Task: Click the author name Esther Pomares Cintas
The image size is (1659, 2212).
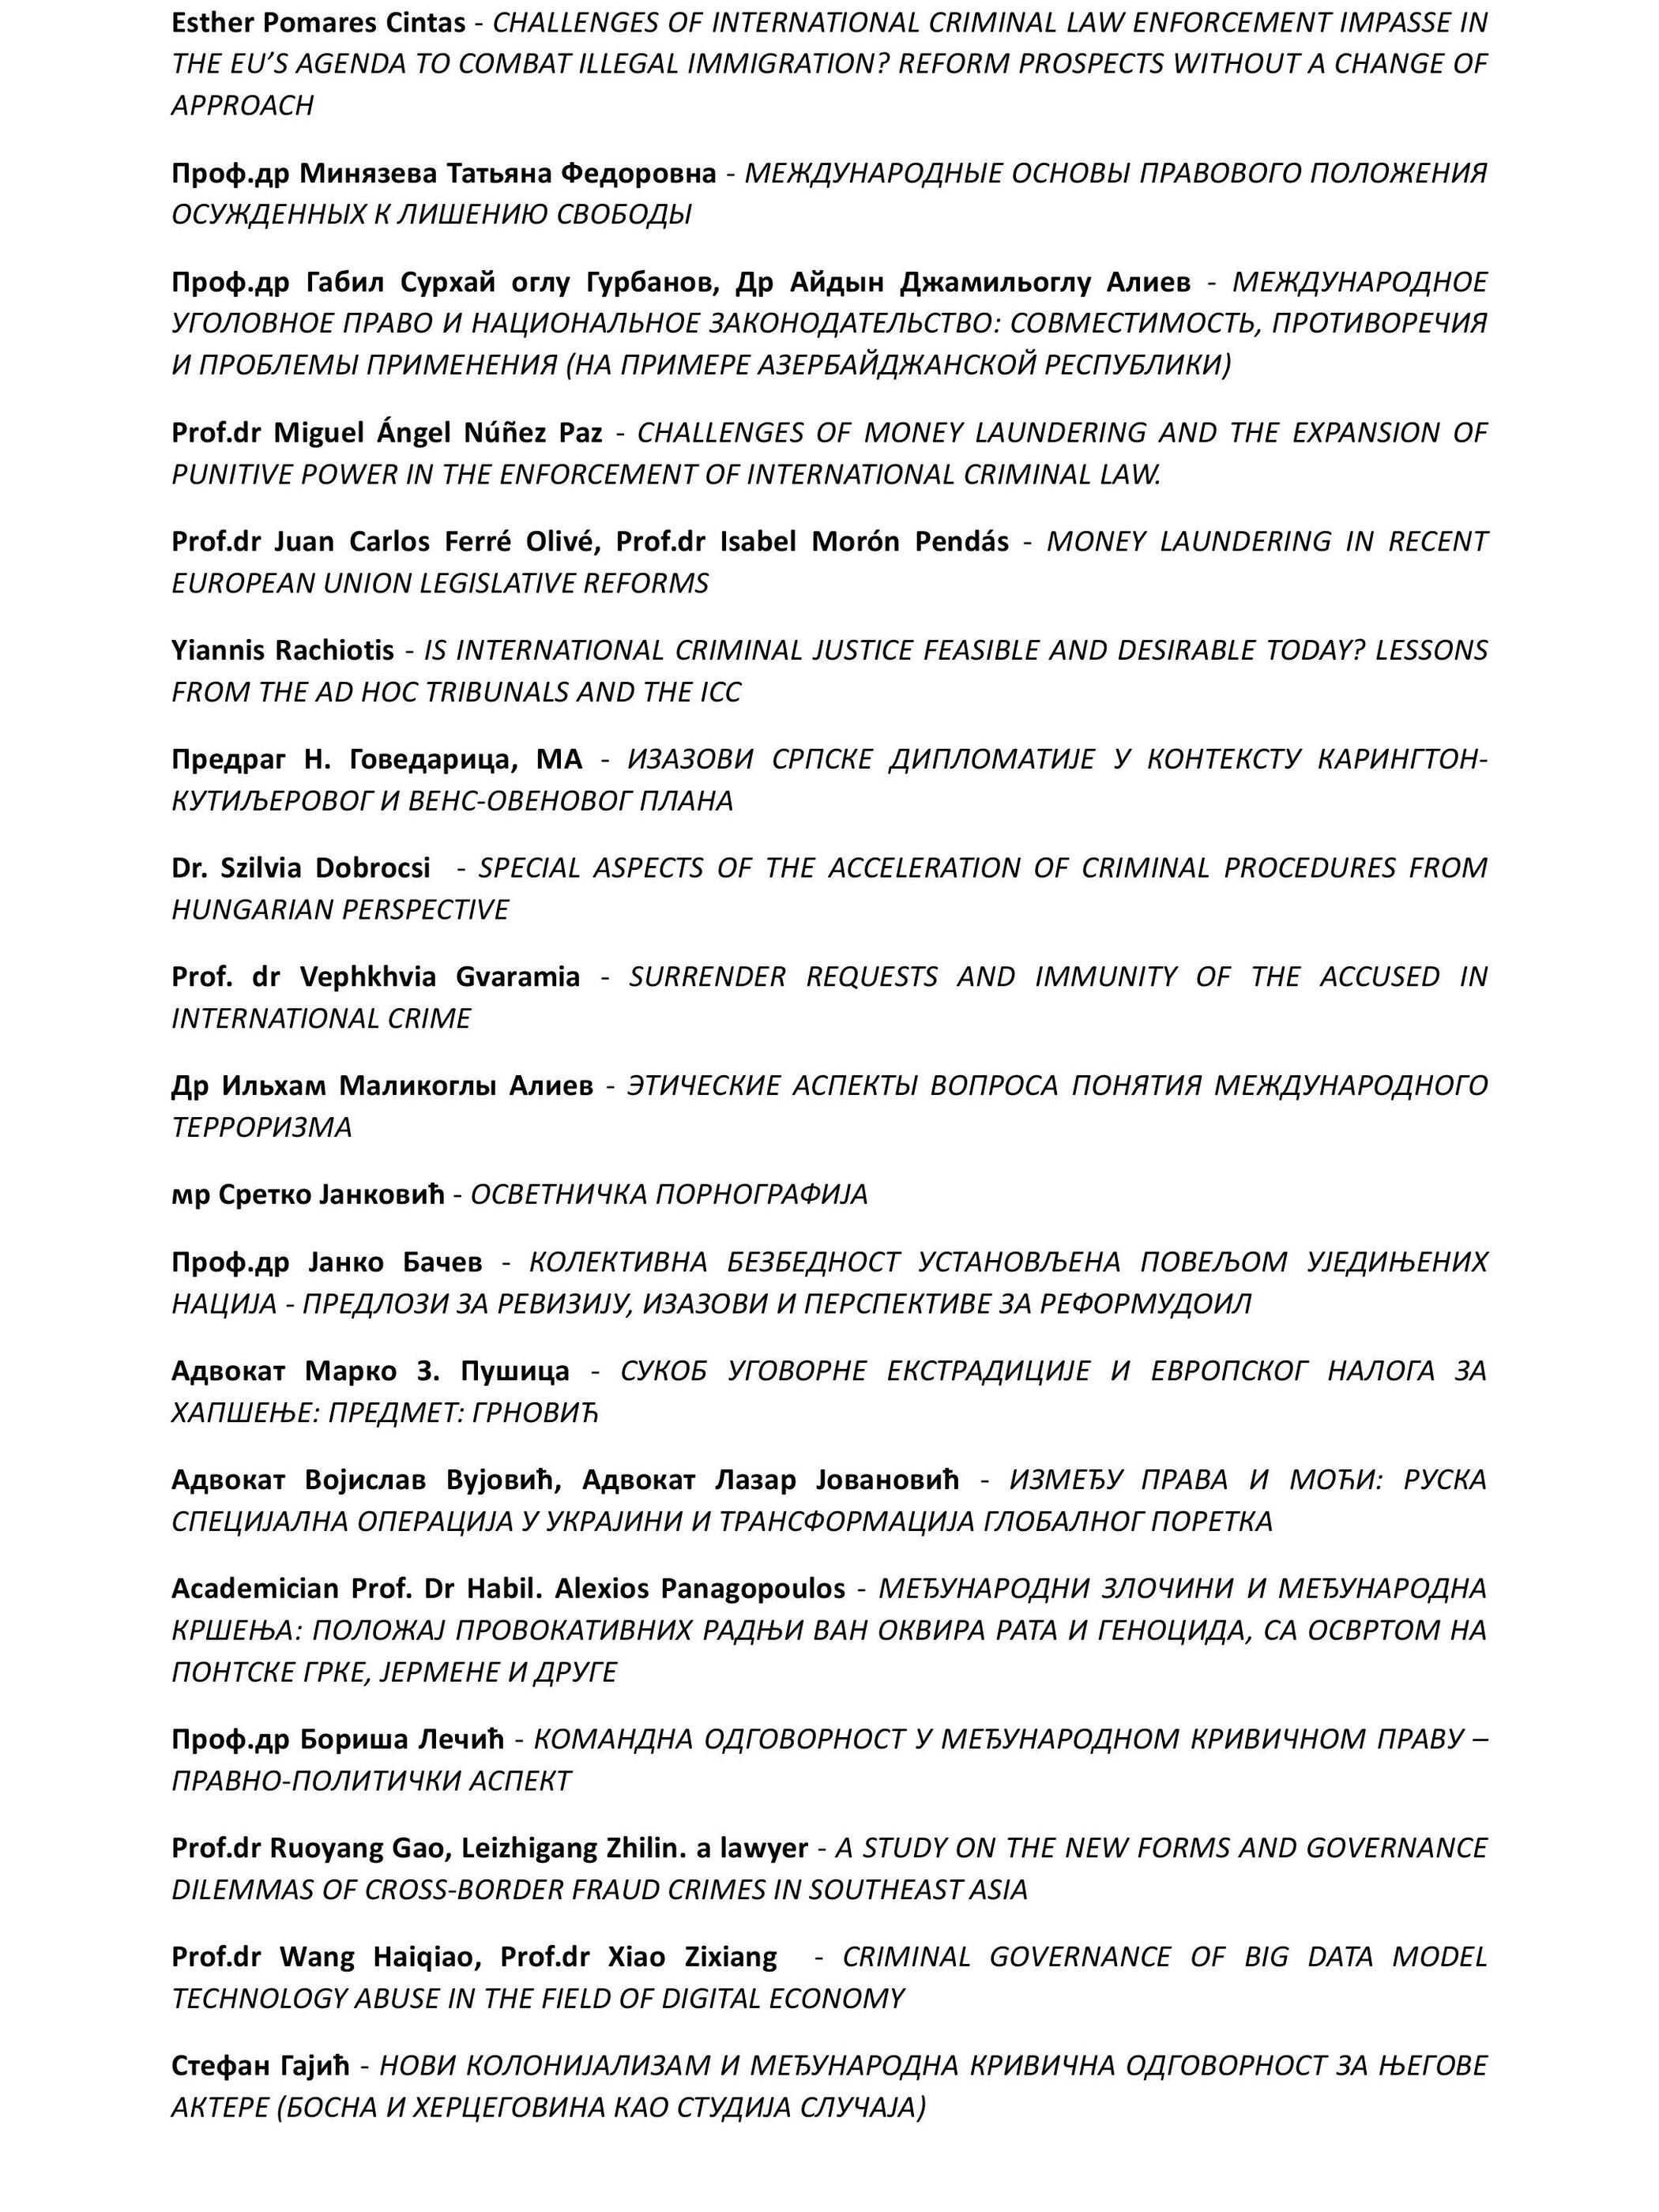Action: [318, 22]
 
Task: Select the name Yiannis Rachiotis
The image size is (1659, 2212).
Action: [283, 650]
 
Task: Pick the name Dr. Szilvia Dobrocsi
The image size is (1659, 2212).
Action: [301, 867]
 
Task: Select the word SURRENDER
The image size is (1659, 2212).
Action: [707, 976]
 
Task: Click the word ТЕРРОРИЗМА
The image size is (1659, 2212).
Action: [262, 1127]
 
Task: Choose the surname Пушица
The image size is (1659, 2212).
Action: [515, 1370]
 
